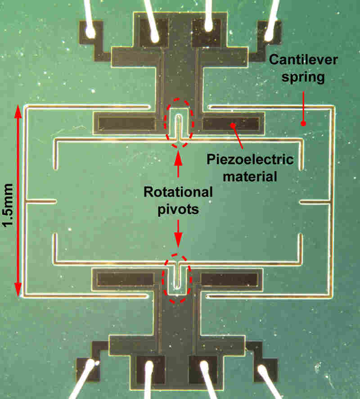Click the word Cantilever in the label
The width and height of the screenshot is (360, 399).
point(303,60)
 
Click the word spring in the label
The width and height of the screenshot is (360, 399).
point(303,77)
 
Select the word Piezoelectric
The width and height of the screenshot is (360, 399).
point(250,159)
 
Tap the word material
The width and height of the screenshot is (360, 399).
point(250,177)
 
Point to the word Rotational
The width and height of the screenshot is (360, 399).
point(178,192)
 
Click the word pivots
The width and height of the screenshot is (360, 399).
point(178,209)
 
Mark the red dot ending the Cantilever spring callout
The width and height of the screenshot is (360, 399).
point(303,123)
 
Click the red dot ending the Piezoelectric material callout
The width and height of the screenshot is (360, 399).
point(232,125)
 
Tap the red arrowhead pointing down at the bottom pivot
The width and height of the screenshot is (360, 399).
point(178,241)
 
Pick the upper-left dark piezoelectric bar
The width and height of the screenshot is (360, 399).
point(126,124)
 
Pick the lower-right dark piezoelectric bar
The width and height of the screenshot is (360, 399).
point(229,280)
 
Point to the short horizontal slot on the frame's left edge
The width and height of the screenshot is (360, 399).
point(41,202)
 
